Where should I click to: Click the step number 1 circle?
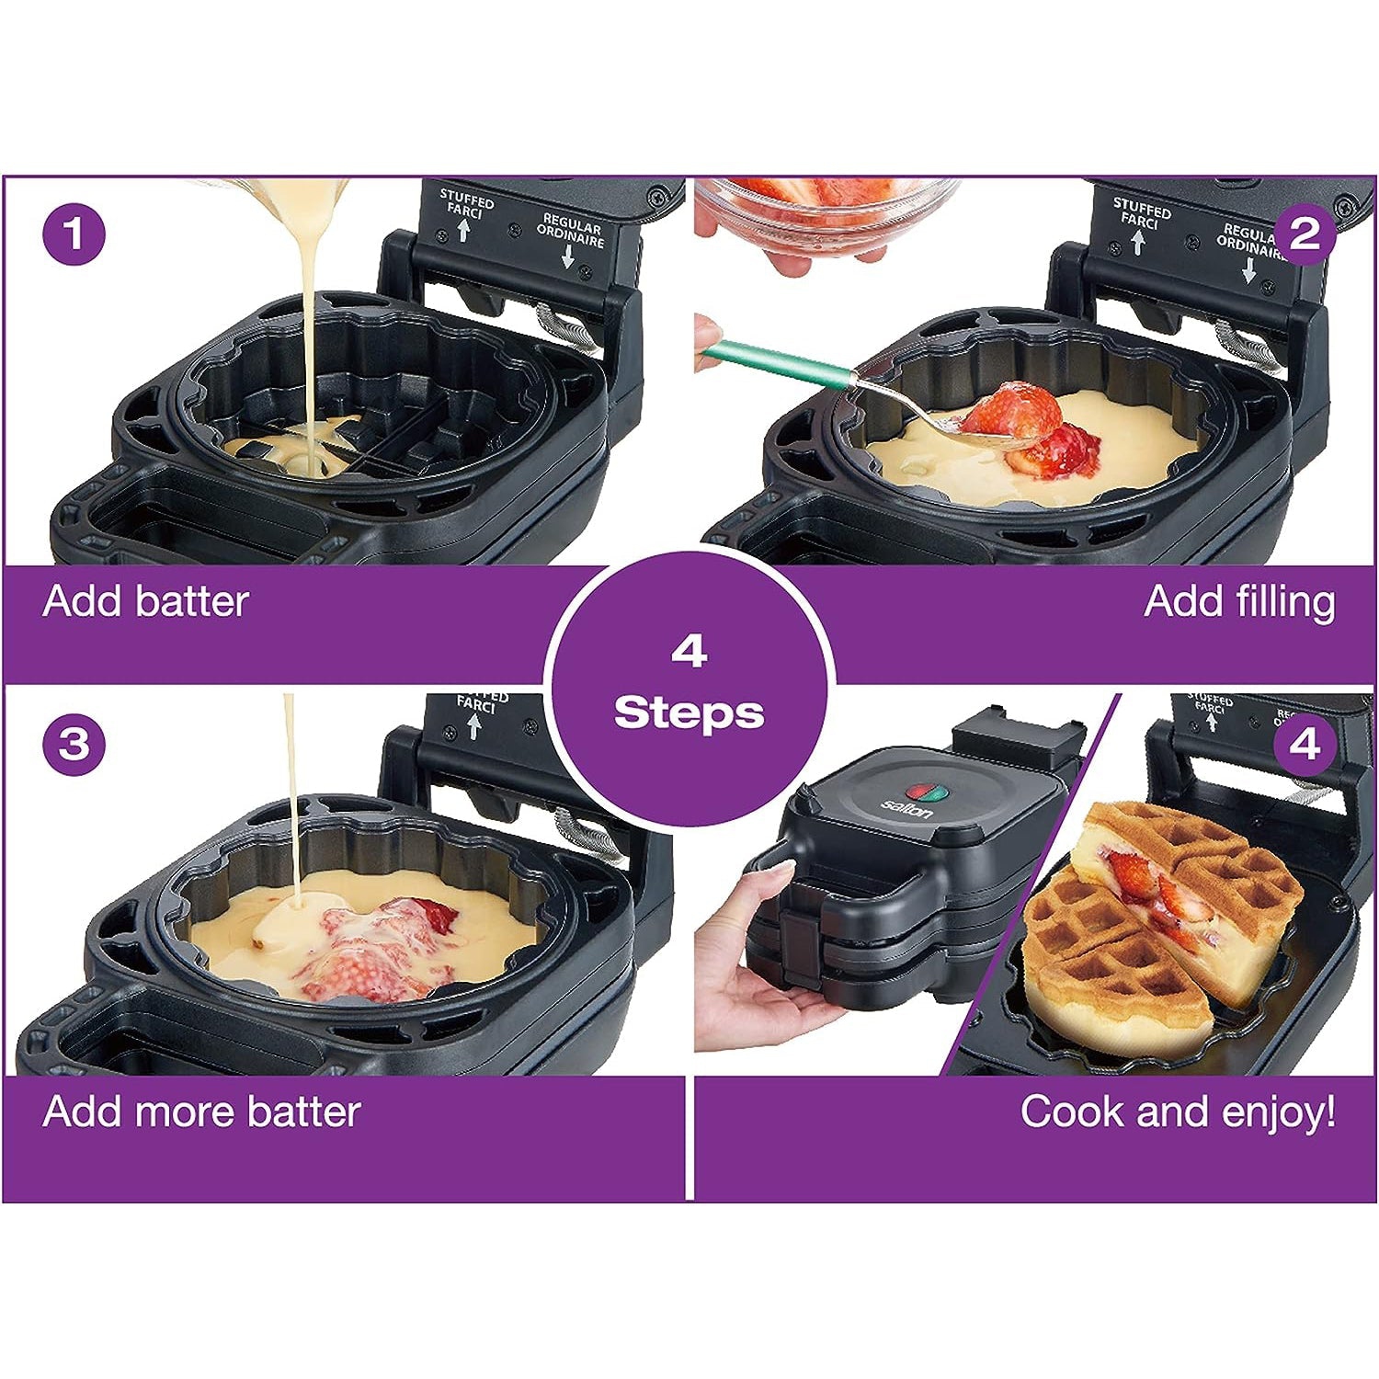click(x=74, y=234)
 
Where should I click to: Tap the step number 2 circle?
click(x=1305, y=234)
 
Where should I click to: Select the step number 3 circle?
click(x=74, y=744)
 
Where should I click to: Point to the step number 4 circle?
click(x=1305, y=744)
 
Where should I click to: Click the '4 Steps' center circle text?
click(x=689, y=685)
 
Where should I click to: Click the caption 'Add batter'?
click(x=145, y=602)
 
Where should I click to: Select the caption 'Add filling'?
click(x=1239, y=602)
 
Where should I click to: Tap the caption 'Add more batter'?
click(x=201, y=1111)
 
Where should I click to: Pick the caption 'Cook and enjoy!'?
click(x=1178, y=1111)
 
